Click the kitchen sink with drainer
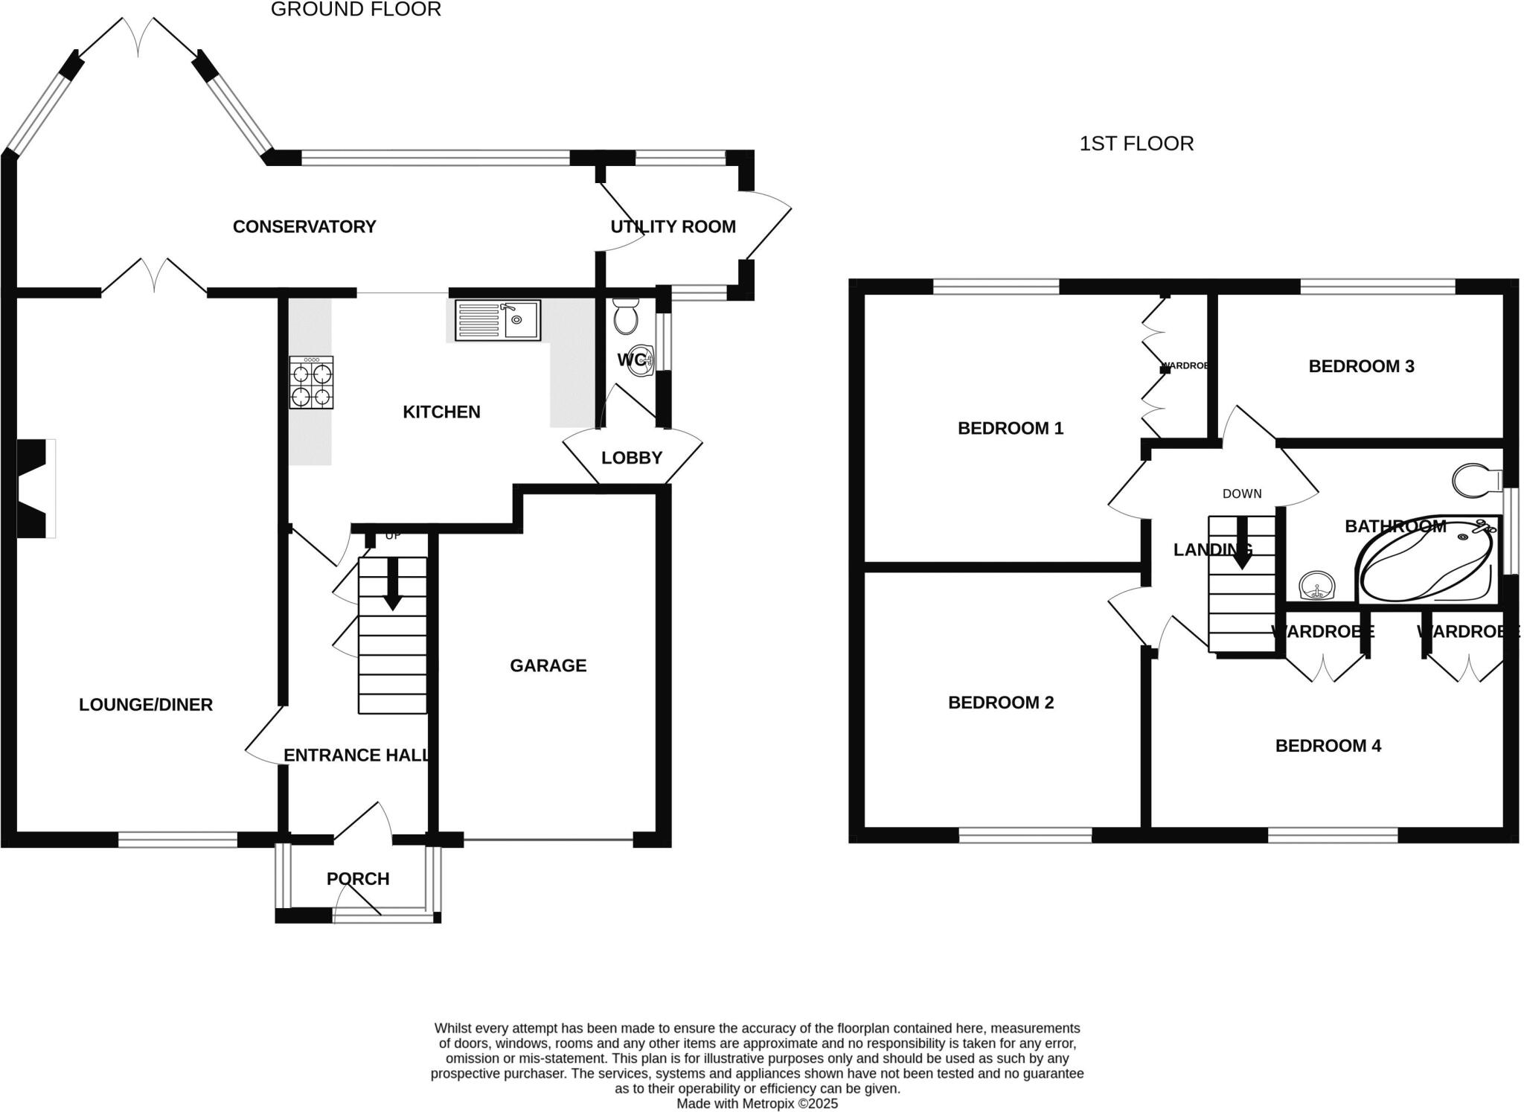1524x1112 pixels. (497, 320)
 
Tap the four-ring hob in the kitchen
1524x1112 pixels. (311, 383)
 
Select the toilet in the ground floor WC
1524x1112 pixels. (625, 316)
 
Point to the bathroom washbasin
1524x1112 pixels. (1316, 586)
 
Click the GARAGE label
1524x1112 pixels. (548, 665)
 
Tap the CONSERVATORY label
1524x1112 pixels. (304, 226)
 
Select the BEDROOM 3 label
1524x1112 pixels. (1361, 366)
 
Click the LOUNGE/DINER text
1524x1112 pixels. (146, 704)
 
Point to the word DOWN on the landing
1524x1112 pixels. (1242, 493)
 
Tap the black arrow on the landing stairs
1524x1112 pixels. (1241, 545)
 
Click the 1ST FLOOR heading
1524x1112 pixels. (1136, 143)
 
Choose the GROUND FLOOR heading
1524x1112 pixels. (356, 10)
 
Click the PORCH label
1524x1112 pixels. (358, 879)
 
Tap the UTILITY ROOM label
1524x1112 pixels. (673, 226)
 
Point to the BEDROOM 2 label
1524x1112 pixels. (1001, 703)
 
